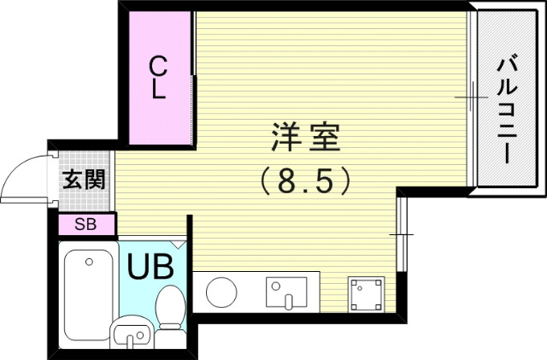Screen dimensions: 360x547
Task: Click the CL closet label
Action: (158, 79)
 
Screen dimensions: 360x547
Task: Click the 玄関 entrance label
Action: (84, 180)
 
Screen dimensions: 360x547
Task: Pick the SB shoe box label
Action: (85, 225)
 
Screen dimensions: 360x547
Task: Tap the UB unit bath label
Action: (150, 267)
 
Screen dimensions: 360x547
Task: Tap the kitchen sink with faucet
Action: (285, 292)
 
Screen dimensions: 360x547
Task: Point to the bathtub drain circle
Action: (88, 260)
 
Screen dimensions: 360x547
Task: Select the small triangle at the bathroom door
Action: (178, 244)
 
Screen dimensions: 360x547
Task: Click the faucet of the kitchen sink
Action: (287, 299)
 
